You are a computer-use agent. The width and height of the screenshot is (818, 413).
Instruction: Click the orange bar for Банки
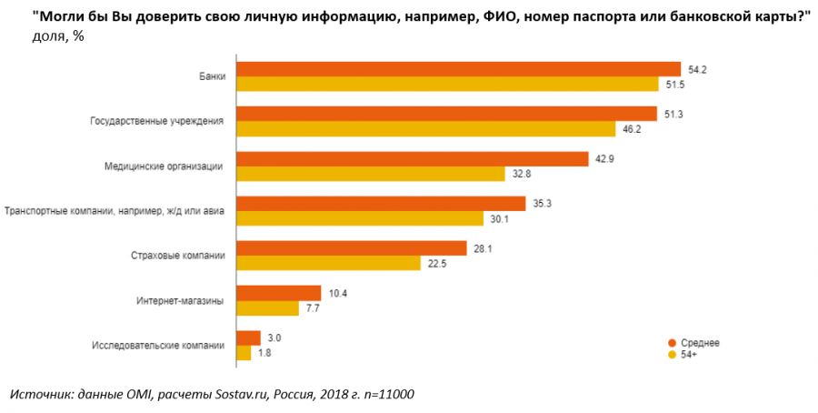[x=458, y=69]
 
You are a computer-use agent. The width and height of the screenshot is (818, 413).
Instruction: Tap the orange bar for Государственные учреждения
[x=446, y=114]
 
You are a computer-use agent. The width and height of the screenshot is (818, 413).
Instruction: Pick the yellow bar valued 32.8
[x=370, y=174]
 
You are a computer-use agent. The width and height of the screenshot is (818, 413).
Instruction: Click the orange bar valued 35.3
[x=381, y=203]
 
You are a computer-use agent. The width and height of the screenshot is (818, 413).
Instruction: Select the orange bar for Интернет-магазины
[x=278, y=293]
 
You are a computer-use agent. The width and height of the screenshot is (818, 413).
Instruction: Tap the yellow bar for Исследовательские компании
[x=244, y=353]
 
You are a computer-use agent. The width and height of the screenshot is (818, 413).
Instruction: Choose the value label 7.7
[x=314, y=308]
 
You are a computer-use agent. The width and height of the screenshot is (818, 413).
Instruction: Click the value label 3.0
[x=274, y=337]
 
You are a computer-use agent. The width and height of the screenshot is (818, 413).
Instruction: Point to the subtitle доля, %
[x=58, y=35]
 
